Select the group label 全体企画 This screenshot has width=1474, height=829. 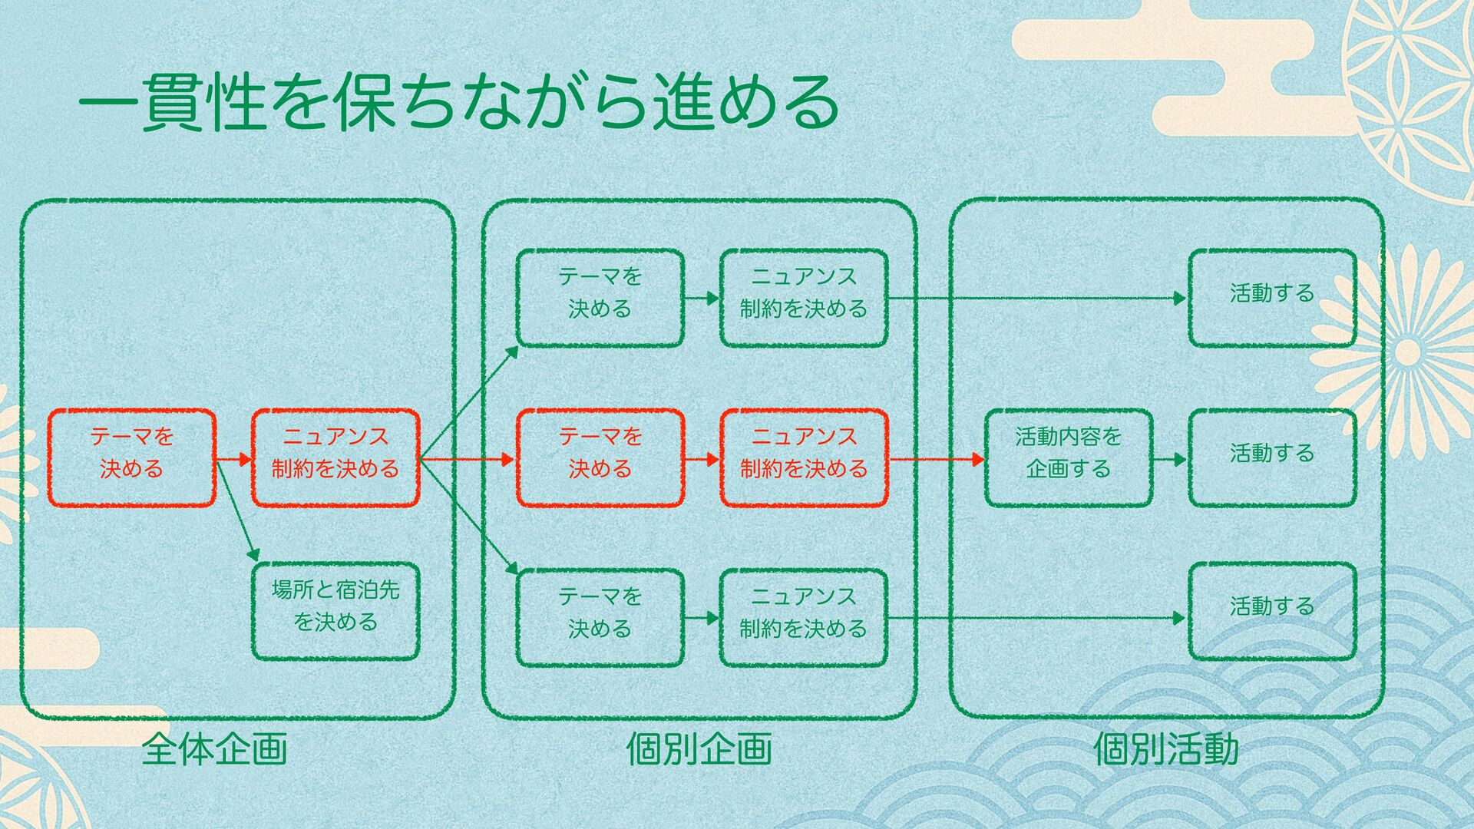pyautogui.click(x=214, y=749)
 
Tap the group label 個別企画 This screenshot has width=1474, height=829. pyautogui.click(x=699, y=749)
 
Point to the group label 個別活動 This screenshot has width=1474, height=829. pyautogui.click(x=1165, y=749)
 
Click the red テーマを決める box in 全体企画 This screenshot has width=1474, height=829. pyautogui.click(x=132, y=458)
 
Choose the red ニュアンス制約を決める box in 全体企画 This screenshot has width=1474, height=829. pyautogui.click(x=335, y=458)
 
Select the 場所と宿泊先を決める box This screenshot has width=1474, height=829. pyautogui.click(x=335, y=612)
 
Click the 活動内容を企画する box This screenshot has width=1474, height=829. pyautogui.click(x=1068, y=458)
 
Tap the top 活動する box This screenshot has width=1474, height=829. pyautogui.click(x=1272, y=298)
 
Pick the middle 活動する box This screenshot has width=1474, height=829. pyautogui.click(x=1272, y=458)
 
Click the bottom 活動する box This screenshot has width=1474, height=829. pyautogui.click(x=1272, y=612)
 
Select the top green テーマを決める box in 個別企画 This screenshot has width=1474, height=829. pyautogui.click(x=600, y=298)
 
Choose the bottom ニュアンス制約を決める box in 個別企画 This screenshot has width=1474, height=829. pyautogui.click(x=803, y=618)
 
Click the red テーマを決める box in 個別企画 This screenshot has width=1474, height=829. pyautogui.click(x=600, y=458)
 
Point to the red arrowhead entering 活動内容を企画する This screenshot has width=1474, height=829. pyautogui.click(x=978, y=460)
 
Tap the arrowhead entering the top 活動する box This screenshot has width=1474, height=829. pyautogui.click(x=1181, y=298)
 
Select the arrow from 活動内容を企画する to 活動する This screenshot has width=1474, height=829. pyautogui.click(x=1169, y=460)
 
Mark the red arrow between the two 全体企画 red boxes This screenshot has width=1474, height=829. pyautogui.click(x=233, y=460)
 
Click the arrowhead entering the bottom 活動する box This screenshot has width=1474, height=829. pyautogui.click(x=1181, y=618)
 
